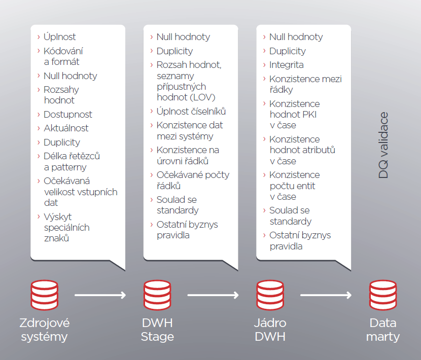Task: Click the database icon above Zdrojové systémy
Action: pos(45,294)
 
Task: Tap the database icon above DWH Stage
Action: pos(157,294)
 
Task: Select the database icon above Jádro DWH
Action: pos(270,294)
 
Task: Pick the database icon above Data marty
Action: pos(383,294)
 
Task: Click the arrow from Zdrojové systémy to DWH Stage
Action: pos(100,295)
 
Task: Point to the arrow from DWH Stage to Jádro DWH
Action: pos(213,295)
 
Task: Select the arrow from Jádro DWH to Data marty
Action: pos(326,295)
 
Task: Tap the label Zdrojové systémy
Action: pos(45,330)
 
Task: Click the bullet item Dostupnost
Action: pos(68,115)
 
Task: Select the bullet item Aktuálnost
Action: pos(66,128)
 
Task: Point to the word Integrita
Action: pos(287,65)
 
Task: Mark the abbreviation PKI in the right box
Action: pos(308,115)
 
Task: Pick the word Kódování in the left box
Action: pos(63,51)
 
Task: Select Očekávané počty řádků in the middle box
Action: pos(193,180)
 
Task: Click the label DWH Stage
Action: pos(157,330)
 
